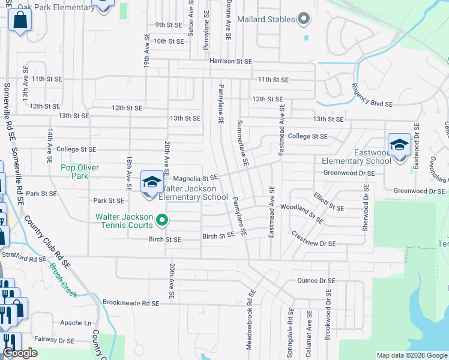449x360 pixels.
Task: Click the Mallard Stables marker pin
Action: point(303,19)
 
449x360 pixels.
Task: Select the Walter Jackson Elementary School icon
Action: point(152,182)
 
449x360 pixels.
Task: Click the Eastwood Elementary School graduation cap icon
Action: point(399,145)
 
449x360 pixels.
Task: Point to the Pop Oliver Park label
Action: point(80,172)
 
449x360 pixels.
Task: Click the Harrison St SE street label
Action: point(229,61)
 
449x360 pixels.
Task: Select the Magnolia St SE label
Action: point(194,178)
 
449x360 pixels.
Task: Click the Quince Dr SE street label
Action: point(316,281)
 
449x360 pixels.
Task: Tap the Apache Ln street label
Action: point(76,323)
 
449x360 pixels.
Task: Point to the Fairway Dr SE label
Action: point(54,340)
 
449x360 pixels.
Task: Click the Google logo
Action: point(20,353)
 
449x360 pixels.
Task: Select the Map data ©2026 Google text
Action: point(411,355)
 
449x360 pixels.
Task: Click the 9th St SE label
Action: point(169,25)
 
